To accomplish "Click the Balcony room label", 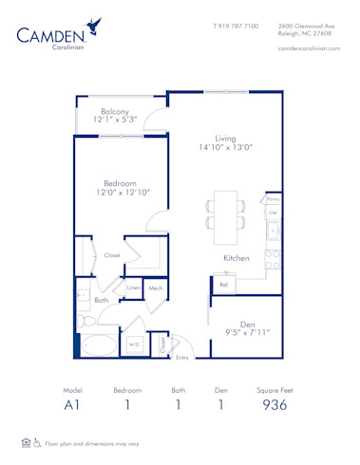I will (115, 112).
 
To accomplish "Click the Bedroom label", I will (122, 183).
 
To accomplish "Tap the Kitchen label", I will (236, 258).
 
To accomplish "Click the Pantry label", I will (273, 200).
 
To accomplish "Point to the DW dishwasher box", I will (273, 214).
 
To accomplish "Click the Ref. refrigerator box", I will (224, 284).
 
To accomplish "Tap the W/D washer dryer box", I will (134, 344).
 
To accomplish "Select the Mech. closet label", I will (156, 288).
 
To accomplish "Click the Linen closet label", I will (134, 288).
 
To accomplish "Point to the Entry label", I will (181, 357).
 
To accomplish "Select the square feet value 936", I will (274, 405).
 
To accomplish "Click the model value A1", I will (73, 405).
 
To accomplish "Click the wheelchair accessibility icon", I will (39, 442).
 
